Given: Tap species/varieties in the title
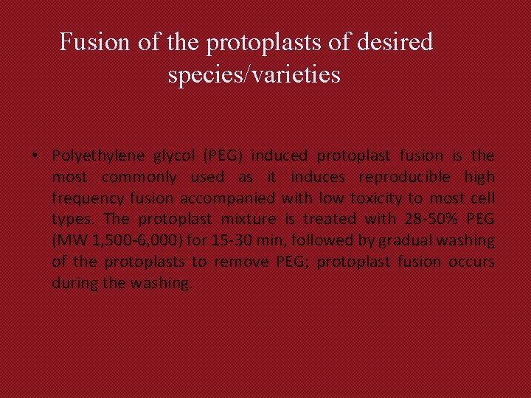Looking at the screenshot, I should pos(254,74).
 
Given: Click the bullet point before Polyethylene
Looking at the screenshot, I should pos(35,156).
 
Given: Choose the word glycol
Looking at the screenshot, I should pos(167,156).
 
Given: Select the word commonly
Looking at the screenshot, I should pos(139,177).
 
